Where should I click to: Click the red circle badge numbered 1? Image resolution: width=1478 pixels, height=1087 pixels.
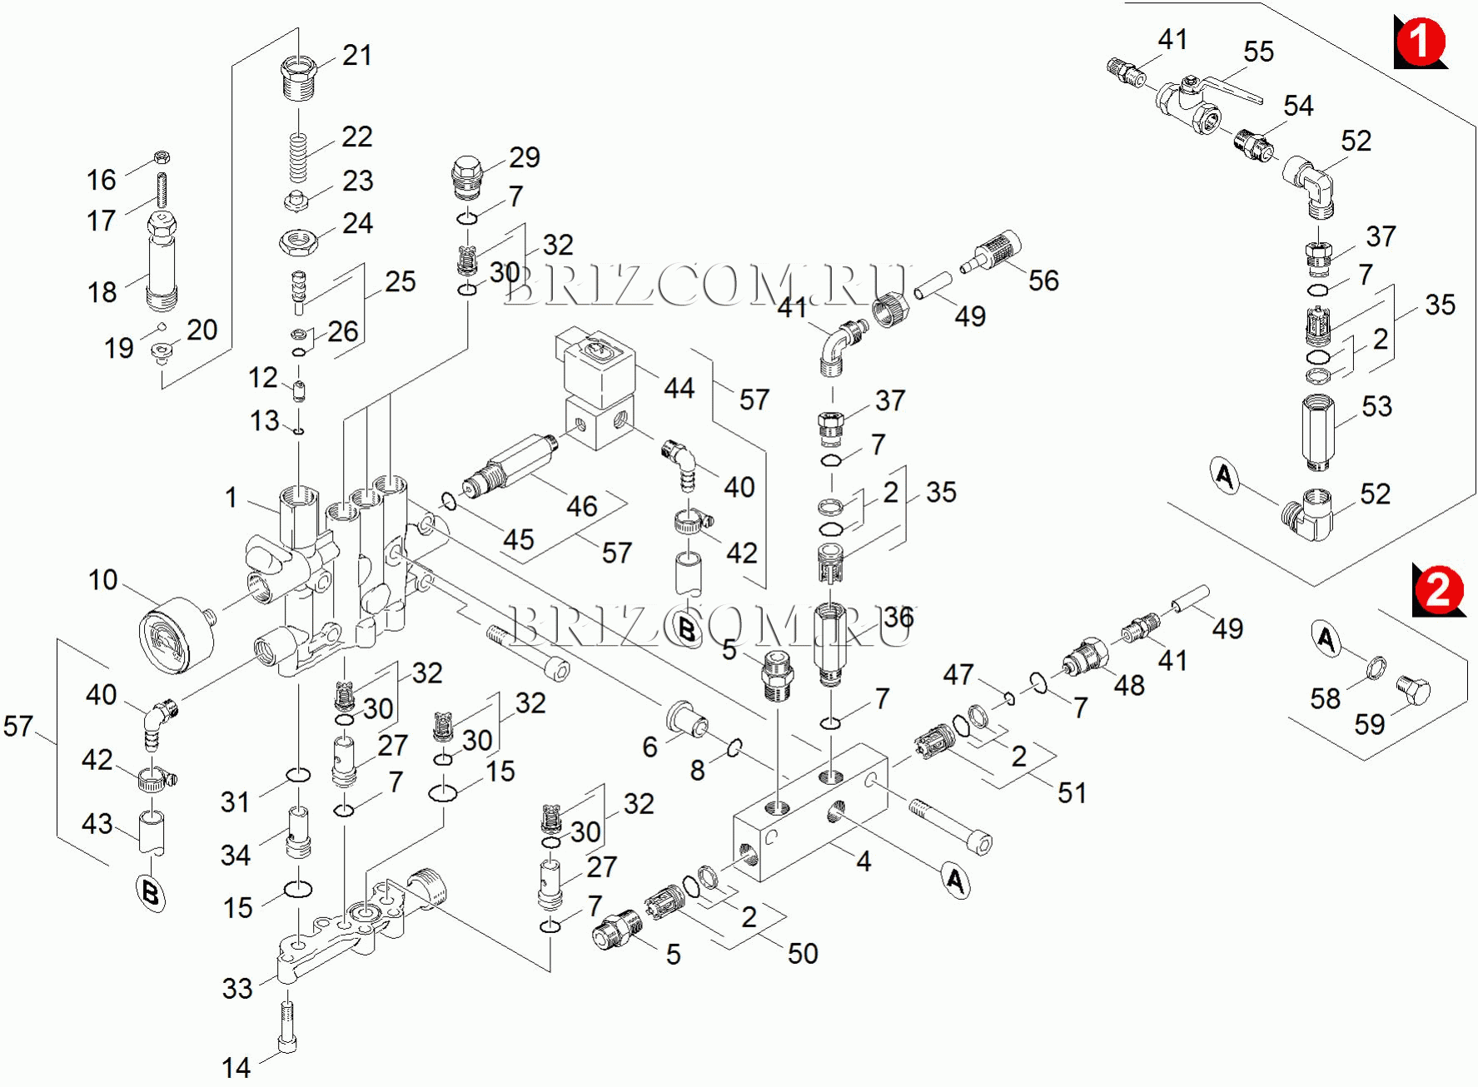(1420, 42)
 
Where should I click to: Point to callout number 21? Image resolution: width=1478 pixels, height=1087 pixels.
(357, 56)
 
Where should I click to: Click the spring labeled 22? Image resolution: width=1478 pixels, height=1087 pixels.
(298, 158)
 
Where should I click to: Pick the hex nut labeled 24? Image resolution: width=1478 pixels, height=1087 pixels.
(298, 242)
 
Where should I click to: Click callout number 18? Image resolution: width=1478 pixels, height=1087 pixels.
(102, 292)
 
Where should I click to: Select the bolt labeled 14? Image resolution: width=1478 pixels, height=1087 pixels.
(286, 1028)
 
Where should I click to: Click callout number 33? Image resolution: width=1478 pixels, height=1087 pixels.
(237, 989)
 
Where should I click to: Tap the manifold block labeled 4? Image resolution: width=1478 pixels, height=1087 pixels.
(812, 812)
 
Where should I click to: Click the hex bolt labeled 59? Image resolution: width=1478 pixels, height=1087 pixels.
(1413, 691)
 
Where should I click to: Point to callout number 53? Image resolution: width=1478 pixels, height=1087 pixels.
(1376, 406)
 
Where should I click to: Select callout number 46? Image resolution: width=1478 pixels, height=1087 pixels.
(582, 506)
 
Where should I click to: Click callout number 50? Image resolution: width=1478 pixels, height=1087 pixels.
(803, 954)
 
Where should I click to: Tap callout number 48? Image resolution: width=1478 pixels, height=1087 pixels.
(1129, 686)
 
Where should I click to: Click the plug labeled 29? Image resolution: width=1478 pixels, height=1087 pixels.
(468, 177)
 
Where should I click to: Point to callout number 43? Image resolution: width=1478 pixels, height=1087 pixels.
(97, 824)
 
